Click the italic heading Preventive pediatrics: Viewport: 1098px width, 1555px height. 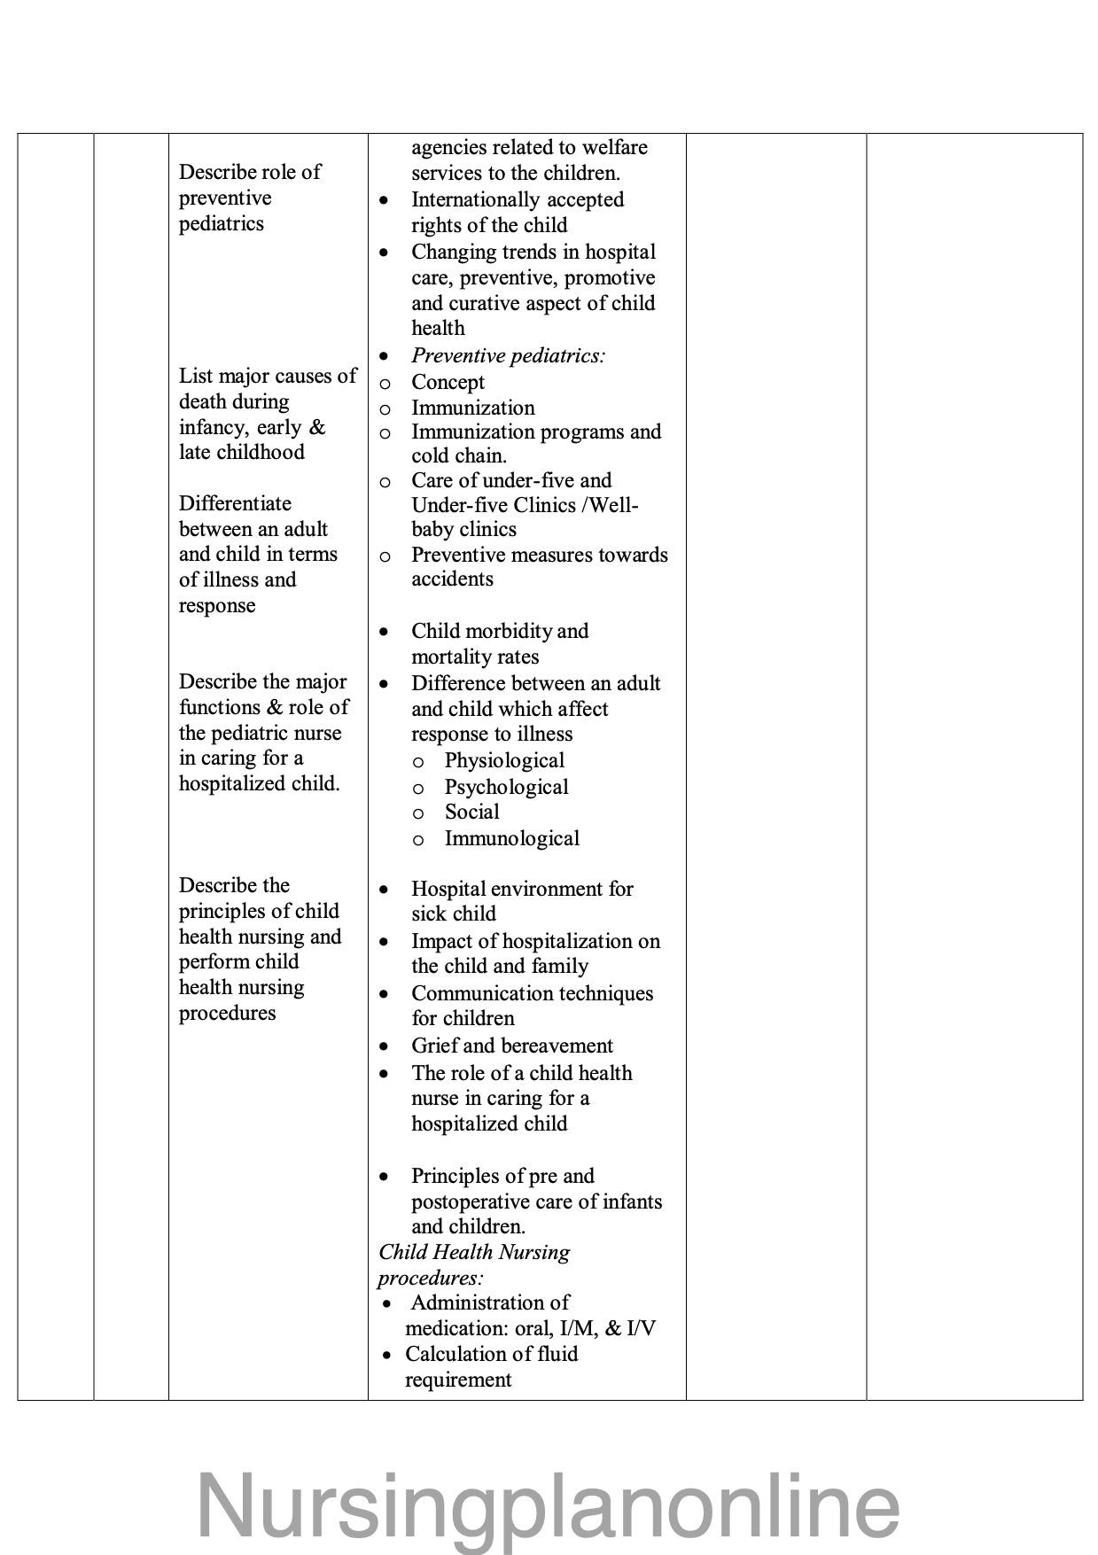click(508, 355)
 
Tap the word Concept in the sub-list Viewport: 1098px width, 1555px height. click(448, 382)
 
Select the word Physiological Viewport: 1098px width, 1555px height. click(504, 760)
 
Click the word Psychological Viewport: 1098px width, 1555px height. click(506, 787)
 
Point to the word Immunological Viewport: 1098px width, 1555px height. click(511, 838)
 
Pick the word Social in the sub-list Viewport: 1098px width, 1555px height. click(471, 812)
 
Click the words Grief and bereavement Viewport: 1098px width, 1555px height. click(511, 1046)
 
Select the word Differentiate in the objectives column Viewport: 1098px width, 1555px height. click(235, 503)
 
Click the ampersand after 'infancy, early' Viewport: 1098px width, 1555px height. click(317, 427)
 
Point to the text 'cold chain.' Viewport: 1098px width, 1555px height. click(458, 455)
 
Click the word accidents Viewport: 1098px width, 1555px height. click(452, 579)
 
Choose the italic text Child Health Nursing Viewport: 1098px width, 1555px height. click(473, 1252)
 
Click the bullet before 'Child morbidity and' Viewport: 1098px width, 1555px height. click(384, 632)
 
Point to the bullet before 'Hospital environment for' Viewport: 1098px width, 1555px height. click(384, 889)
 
